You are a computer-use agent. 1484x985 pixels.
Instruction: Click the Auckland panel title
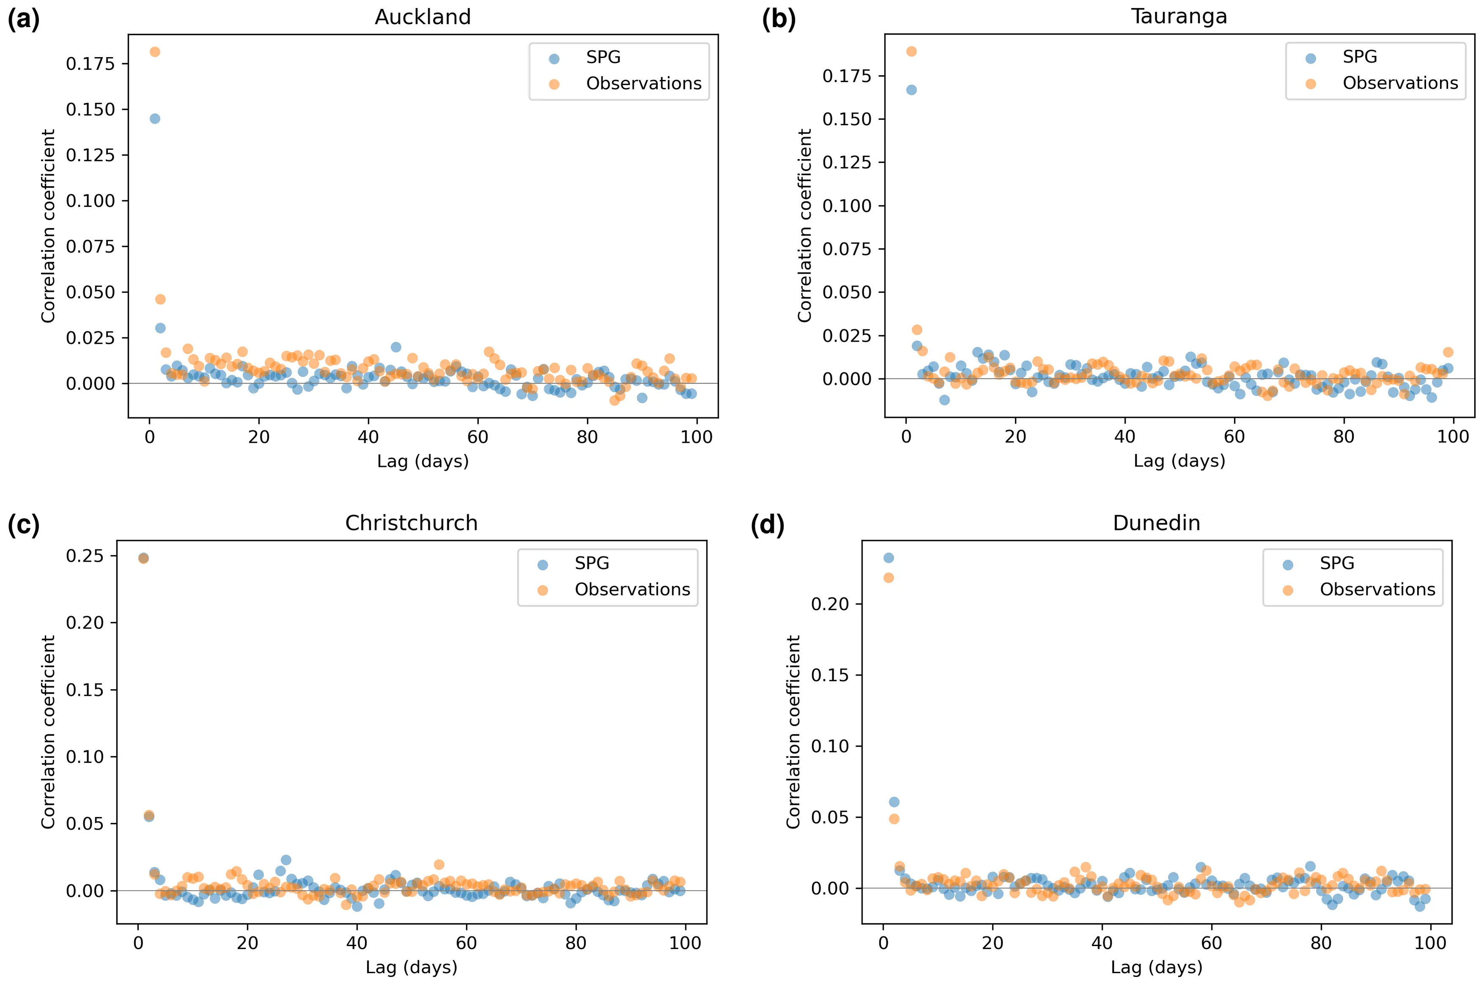[x=423, y=17]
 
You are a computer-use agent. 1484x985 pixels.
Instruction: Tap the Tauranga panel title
[x=1179, y=17]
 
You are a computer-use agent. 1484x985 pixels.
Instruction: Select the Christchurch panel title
[x=411, y=523]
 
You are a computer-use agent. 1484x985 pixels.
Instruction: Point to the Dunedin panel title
[x=1156, y=523]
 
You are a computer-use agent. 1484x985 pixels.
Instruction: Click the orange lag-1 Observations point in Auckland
[x=154, y=52]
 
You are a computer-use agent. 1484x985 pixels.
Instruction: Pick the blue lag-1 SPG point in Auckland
[x=154, y=119]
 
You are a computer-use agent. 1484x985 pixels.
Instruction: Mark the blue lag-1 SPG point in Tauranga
[x=911, y=90]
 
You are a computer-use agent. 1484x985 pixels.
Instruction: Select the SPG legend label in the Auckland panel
[x=603, y=57]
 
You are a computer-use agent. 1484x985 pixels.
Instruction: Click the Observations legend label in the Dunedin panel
[x=1377, y=589]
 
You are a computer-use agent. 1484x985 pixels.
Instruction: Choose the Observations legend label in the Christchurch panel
[x=632, y=589]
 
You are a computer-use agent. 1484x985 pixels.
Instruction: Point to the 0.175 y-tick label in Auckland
[x=91, y=63]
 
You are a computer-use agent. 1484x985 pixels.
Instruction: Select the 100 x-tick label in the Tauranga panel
[x=1453, y=436]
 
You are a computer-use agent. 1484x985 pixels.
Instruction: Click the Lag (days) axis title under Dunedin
[x=1156, y=967]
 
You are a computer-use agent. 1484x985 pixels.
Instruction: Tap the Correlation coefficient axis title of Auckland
[x=48, y=226]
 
